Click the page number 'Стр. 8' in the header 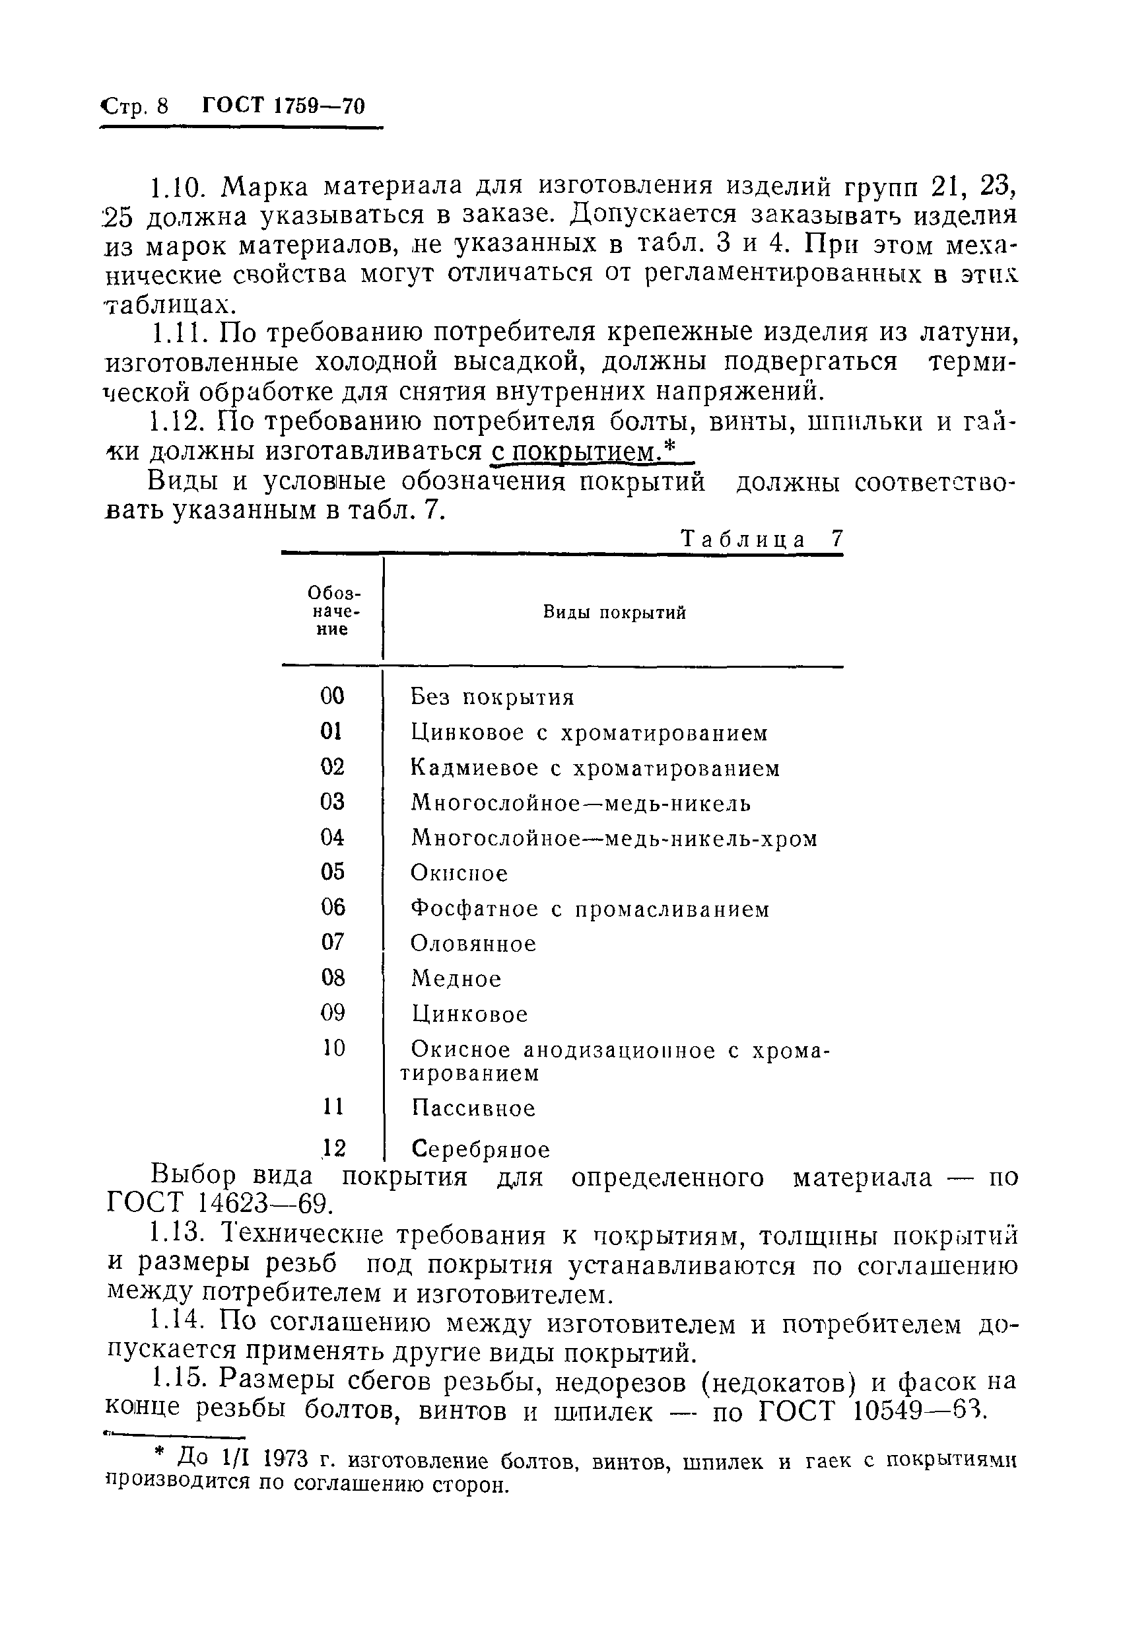click(x=135, y=106)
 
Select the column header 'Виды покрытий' click(x=613, y=612)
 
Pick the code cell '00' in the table click(x=332, y=696)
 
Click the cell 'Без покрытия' click(x=492, y=697)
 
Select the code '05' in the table click(x=332, y=872)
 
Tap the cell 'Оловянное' click(x=473, y=943)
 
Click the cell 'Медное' click(x=456, y=978)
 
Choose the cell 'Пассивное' click(x=473, y=1108)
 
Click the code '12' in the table click(x=333, y=1149)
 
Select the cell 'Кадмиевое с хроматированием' click(x=596, y=767)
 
